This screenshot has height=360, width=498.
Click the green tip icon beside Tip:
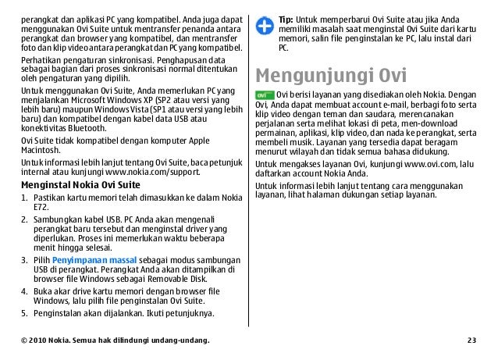point(266,17)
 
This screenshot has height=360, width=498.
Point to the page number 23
point(471,341)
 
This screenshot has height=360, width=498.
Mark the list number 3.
point(23,258)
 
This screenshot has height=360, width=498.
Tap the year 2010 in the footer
point(42,341)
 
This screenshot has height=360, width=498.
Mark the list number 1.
point(23,199)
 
